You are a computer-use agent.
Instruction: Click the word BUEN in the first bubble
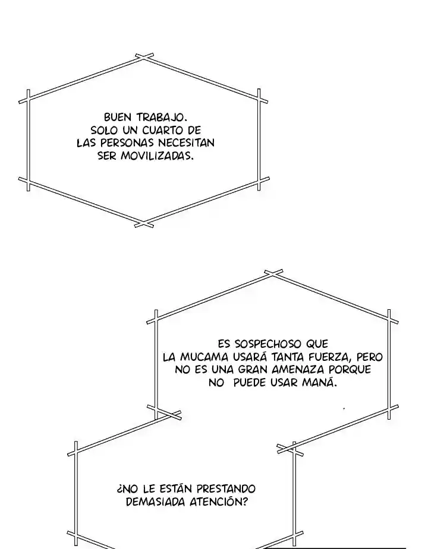click(x=117, y=117)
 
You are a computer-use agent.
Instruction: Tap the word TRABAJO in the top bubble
click(x=161, y=118)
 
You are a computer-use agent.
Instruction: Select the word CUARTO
click(x=162, y=130)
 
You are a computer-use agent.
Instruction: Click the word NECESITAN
click(x=186, y=143)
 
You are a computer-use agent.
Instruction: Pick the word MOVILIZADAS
click(x=157, y=156)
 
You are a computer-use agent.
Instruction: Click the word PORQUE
click(x=351, y=370)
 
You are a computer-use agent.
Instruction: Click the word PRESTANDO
click(x=226, y=489)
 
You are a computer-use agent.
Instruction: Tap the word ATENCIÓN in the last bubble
click(x=218, y=501)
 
